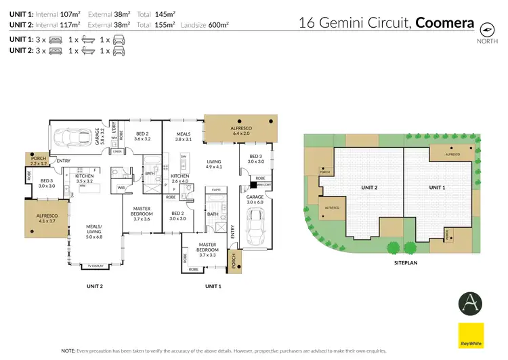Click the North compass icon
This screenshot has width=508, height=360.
click(x=485, y=30)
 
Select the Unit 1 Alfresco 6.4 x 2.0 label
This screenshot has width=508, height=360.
click(x=241, y=130)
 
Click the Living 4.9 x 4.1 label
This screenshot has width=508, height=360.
click(x=214, y=163)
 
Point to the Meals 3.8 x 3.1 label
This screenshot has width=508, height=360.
click(x=184, y=136)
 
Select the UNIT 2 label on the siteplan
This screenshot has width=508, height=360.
click(x=368, y=187)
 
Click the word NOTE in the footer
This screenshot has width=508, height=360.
click(x=69, y=351)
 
